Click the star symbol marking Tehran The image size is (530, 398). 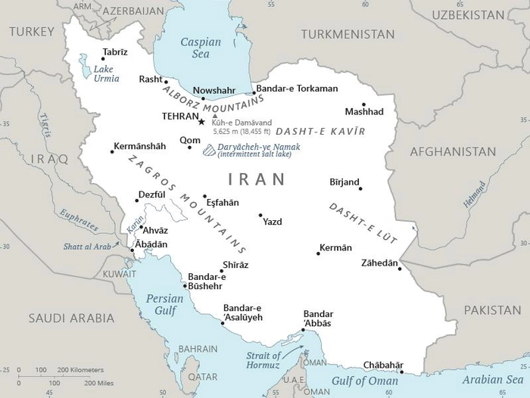201,121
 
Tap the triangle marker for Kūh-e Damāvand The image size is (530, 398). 214,115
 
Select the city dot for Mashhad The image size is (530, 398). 363,104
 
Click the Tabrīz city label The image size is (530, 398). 115,52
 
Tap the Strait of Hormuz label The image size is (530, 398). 263,360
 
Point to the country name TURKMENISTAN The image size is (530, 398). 348,34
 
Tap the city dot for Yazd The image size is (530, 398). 260,215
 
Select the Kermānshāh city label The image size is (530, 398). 139,146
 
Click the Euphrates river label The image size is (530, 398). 79,219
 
